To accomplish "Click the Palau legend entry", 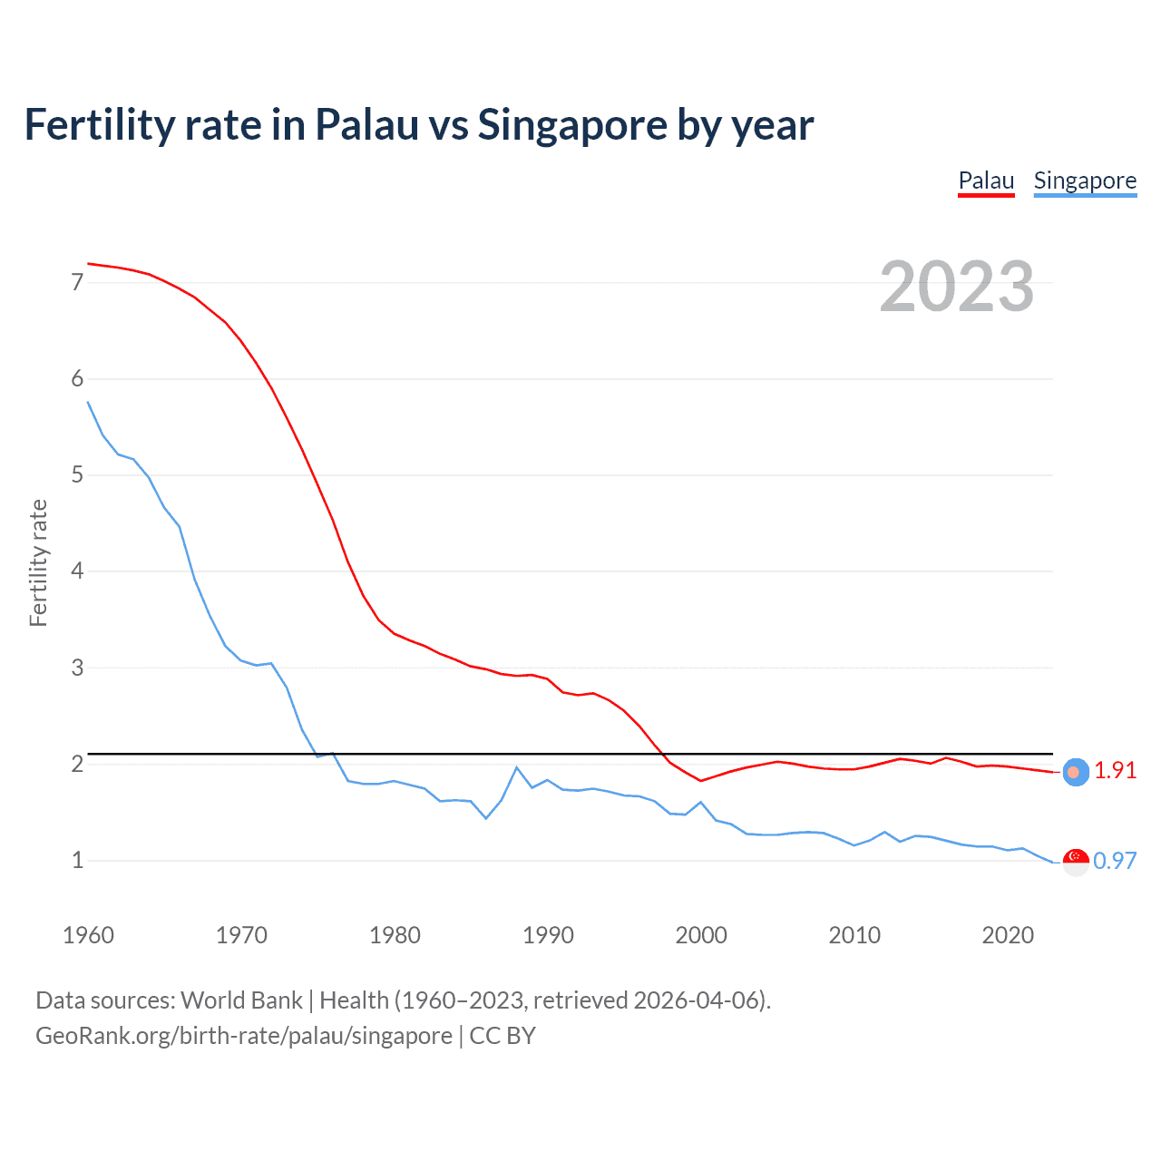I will point(986,180).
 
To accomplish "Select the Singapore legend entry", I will point(1085,180).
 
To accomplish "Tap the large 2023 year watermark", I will point(957,287).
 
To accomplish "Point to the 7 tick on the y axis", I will point(77,282).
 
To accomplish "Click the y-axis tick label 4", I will point(77,571).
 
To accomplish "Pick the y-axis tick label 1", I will point(77,860).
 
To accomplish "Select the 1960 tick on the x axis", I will point(88,935).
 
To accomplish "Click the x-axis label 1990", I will point(548,935).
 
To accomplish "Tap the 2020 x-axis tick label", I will point(1008,935).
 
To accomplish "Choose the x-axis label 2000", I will point(701,935).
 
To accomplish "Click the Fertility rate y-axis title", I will point(38,562).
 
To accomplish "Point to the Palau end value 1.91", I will point(1115,770).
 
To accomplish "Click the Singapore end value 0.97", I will point(1115,861).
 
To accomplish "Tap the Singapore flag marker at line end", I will point(1076,862).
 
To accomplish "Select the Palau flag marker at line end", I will point(1076,772).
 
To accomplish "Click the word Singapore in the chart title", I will point(571,125).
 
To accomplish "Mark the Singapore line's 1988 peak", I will point(517,767).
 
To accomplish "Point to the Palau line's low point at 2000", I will point(701,780).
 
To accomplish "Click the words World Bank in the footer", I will point(241,1000).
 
